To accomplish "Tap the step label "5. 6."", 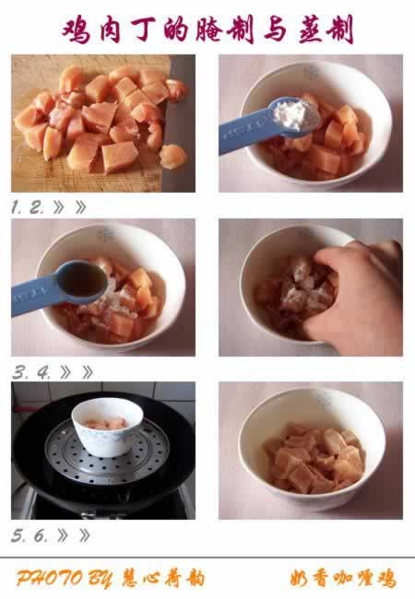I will coord(29,535).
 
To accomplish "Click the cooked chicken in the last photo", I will coord(312,461).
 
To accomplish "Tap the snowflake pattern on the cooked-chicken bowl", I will coord(322,400).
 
